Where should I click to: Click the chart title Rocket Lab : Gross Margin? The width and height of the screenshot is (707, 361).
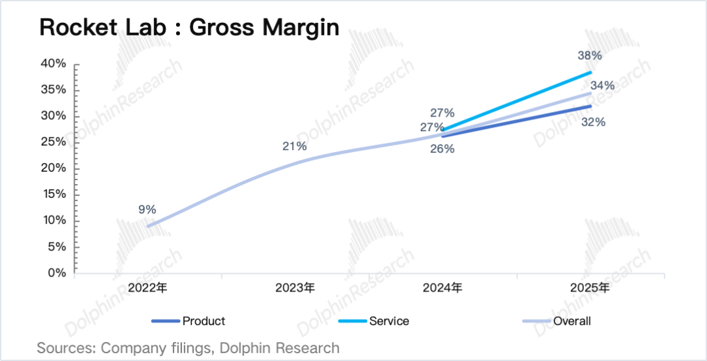(189, 28)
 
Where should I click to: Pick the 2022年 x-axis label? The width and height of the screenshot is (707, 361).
(148, 288)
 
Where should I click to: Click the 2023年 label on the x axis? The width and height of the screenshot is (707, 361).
(295, 288)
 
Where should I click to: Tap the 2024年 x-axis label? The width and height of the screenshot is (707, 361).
(443, 288)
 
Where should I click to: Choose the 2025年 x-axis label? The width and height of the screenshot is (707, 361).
(590, 288)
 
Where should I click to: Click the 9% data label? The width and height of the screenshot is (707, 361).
(147, 210)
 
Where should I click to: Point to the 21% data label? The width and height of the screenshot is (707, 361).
(295, 146)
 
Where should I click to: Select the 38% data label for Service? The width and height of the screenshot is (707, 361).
(590, 56)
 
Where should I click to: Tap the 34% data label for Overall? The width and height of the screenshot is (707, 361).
(602, 86)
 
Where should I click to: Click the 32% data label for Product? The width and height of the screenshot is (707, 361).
(592, 122)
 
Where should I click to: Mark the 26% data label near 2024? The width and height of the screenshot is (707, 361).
(443, 149)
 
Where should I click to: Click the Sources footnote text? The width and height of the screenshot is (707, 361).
(189, 348)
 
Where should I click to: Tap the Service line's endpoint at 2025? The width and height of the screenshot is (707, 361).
(590, 72)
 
